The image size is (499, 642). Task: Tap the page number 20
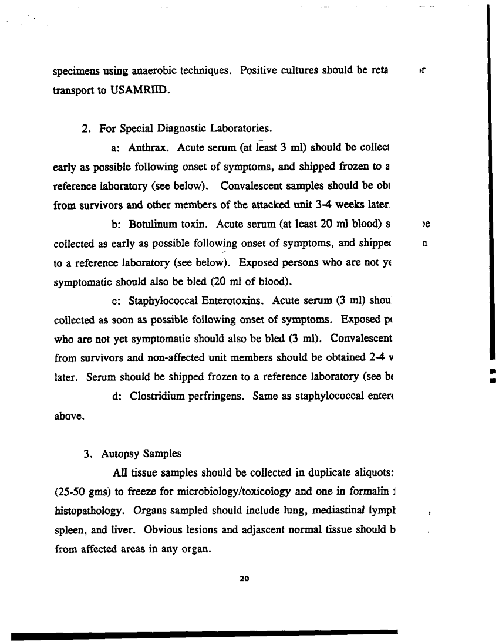click(245, 578)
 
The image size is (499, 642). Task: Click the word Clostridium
click(159, 379)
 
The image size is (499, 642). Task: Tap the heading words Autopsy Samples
click(141, 454)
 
